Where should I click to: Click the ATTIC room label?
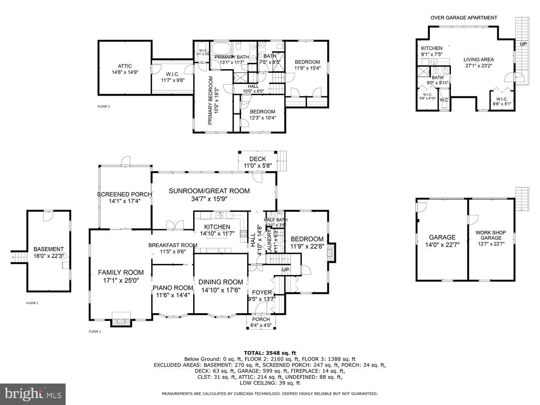125,66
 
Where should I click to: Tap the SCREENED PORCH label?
124,194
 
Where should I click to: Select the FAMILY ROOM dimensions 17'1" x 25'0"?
121,280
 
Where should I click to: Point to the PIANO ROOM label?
172,288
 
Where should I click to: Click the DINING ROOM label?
220,282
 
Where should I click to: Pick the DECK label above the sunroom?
258,159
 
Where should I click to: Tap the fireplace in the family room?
121,320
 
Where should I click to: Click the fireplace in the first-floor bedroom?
331,252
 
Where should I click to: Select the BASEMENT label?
48,249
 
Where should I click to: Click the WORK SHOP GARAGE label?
491,235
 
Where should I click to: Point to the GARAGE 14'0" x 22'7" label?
442,237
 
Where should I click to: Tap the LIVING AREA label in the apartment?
478,60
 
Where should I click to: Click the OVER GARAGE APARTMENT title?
463,17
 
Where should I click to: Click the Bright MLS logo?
33,393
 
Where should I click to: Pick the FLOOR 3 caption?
104,107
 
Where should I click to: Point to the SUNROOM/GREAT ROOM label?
209,191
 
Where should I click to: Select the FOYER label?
261,292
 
